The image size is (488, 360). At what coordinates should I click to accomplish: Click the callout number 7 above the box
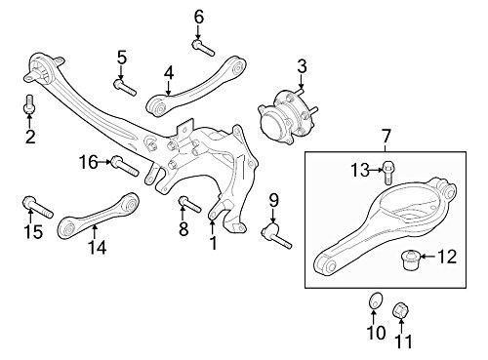(386, 137)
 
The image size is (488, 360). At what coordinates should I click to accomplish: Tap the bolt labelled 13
(387, 173)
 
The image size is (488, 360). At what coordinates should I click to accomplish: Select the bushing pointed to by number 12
(409, 260)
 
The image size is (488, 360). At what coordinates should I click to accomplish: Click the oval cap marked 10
(376, 300)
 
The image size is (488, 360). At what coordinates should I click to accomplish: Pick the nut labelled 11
(401, 310)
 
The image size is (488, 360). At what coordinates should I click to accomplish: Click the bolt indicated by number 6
(203, 48)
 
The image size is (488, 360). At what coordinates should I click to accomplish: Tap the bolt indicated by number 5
(125, 87)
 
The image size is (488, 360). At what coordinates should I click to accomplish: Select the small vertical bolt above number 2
(29, 104)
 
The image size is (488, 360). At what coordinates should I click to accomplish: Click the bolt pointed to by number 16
(125, 166)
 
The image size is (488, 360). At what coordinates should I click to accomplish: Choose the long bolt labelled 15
(38, 207)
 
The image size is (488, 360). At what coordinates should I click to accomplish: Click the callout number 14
(97, 247)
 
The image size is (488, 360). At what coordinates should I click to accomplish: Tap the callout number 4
(169, 73)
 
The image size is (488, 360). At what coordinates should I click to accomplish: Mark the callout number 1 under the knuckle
(214, 243)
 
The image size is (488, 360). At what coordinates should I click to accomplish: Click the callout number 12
(447, 257)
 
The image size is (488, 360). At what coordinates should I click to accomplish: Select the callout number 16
(89, 162)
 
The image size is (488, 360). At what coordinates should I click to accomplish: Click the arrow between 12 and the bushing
(428, 257)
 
